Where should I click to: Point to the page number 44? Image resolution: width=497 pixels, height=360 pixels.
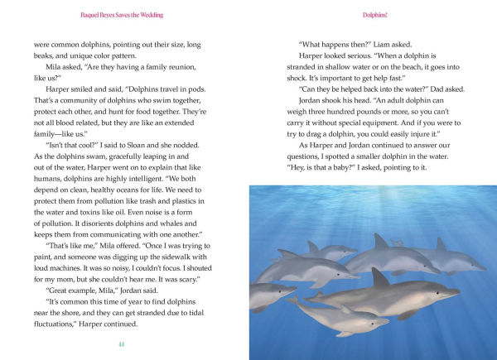coord(123,343)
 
